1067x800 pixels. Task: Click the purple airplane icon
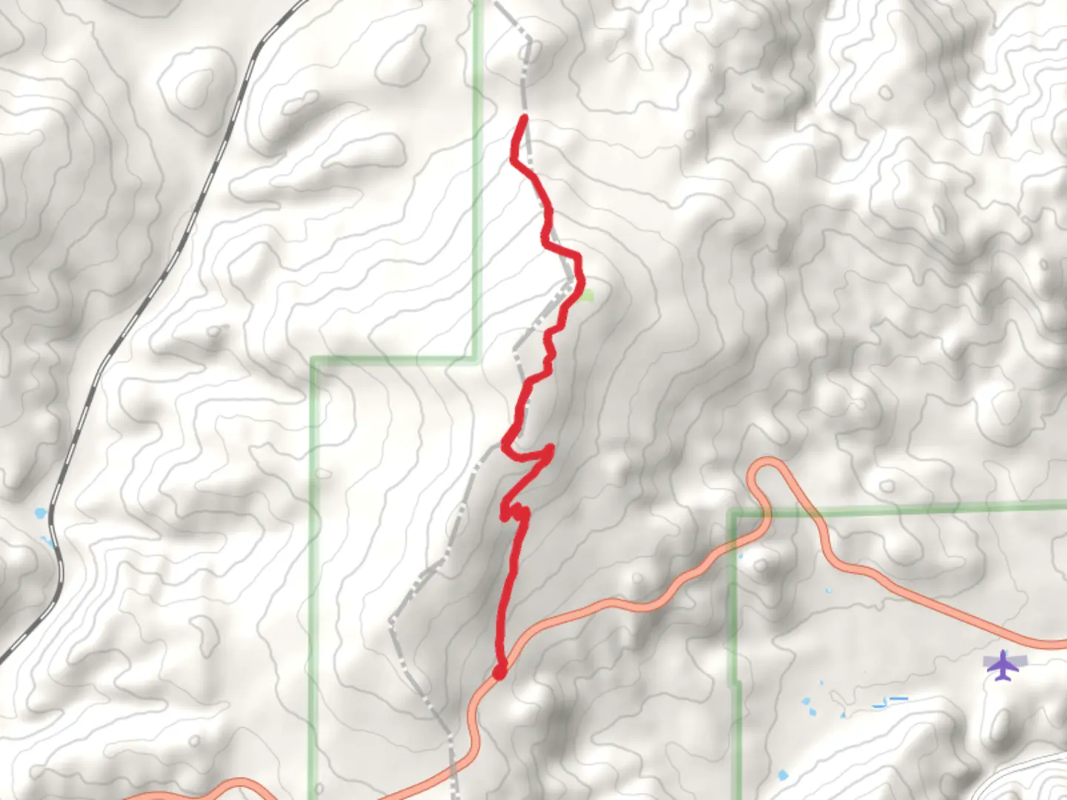pyautogui.click(x=1003, y=665)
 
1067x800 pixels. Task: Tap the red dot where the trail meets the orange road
pyautogui.click(x=499, y=671)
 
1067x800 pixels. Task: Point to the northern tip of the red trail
pyautogui.click(x=524, y=118)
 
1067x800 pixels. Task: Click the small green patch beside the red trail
pyautogui.click(x=588, y=296)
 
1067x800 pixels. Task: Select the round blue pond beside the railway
pyautogui.click(x=39, y=513)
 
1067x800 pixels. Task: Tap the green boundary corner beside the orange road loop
pyautogui.click(x=734, y=512)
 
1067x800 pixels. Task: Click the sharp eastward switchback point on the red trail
pyautogui.click(x=551, y=449)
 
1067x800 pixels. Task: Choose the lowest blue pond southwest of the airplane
pyautogui.click(x=783, y=776)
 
